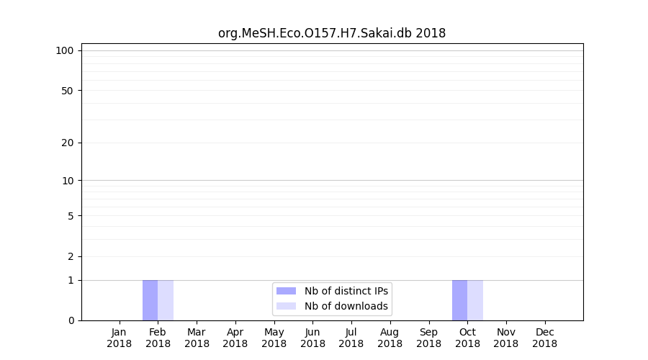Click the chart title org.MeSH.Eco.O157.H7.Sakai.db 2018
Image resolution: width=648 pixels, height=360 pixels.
click(332, 33)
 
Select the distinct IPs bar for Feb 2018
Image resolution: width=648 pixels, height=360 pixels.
click(150, 300)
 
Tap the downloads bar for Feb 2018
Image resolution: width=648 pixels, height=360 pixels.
click(166, 300)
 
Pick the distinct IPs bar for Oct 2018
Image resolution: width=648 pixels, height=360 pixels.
click(459, 300)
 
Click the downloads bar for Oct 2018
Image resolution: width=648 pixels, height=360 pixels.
click(475, 300)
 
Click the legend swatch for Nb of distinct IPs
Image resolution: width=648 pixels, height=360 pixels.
click(286, 291)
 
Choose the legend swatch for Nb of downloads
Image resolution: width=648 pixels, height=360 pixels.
click(286, 306)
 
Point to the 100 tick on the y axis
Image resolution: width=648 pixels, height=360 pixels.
click(65, 50)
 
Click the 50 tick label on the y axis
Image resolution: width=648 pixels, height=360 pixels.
click(68, 91)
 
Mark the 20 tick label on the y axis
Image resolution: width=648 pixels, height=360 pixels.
click(68, 143)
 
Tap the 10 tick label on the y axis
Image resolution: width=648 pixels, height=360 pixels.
click(68, 181)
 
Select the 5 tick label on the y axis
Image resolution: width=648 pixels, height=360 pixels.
click(71, 216)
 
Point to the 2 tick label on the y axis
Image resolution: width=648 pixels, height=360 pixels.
click(71, 256)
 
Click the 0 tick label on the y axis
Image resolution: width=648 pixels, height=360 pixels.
click(71, 320)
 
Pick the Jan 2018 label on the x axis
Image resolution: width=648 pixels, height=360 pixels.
click(120, 338)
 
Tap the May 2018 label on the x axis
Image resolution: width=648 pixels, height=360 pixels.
click(274, 338)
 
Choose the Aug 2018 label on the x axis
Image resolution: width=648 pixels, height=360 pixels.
click(390, 338)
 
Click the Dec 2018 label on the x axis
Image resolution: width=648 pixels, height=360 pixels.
click(545, 338)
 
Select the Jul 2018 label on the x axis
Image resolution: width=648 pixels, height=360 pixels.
click(351, 338)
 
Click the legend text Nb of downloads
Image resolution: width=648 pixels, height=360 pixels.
click(346, 306)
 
